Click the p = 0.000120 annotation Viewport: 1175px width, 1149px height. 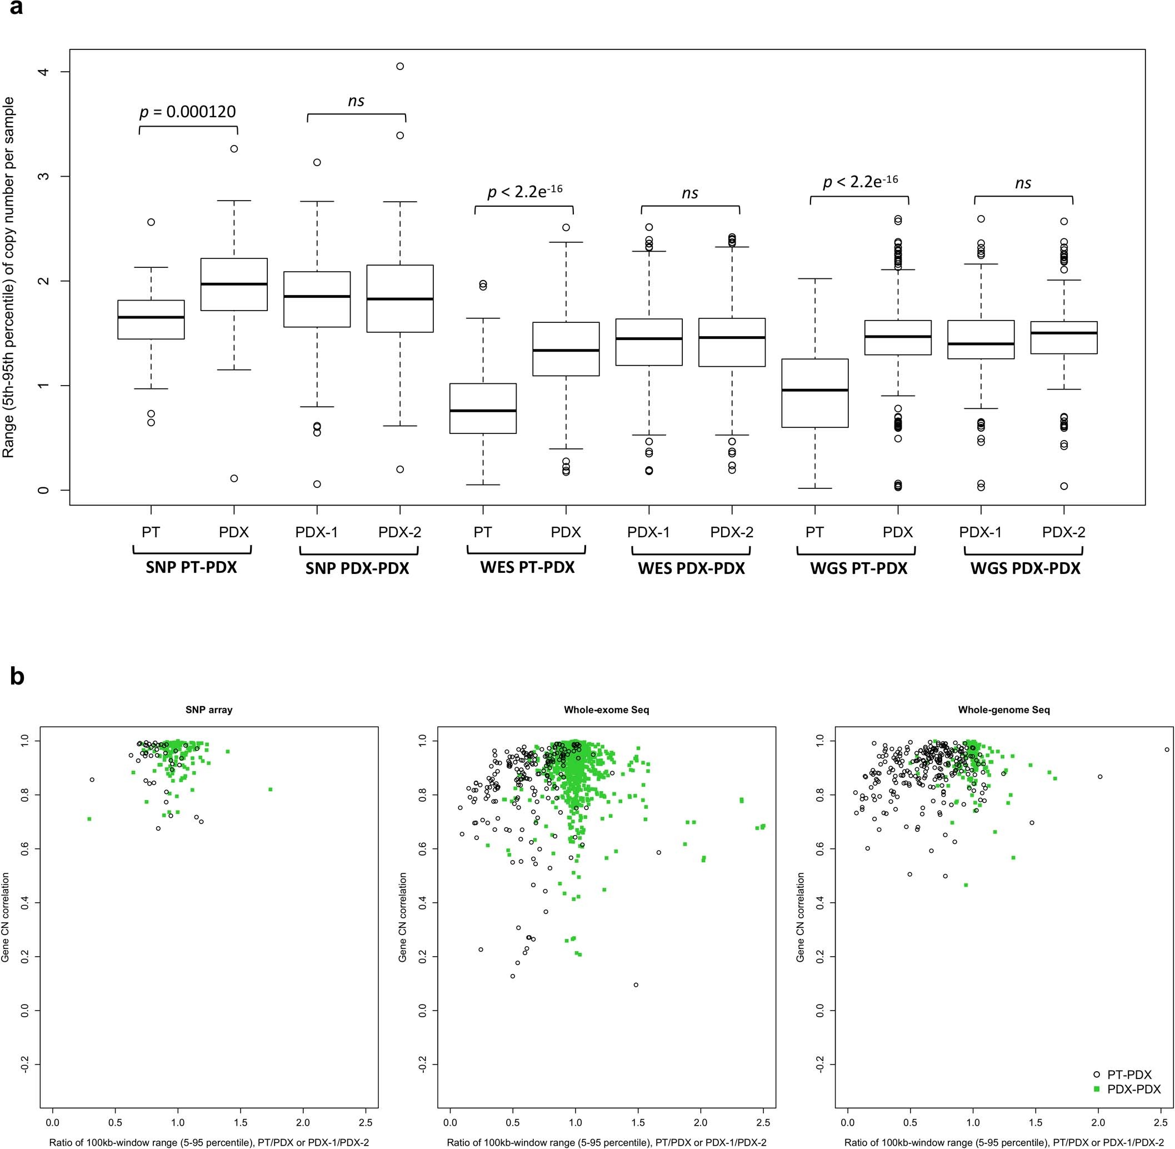(x=188, y=112)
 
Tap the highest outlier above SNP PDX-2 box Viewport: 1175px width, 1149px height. (x=400, y=66)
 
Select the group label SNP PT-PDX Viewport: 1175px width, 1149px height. (x=191, y=568)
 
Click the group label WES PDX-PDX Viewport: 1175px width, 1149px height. (x=691, y=568)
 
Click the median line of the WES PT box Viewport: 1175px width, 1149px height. (x=483, y=411)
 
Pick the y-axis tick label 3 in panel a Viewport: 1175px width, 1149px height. (x=43, y=176)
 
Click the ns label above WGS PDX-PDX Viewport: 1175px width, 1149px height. (x=1023, y=183)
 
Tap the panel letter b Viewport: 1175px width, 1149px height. (x=17, y=677)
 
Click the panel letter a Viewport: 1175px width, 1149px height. (x=16, y=8)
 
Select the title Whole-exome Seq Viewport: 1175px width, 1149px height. (x=607, y=710)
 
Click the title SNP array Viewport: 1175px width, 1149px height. (x=209, y=710)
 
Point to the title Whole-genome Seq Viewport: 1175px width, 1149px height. (x=1003, y=710)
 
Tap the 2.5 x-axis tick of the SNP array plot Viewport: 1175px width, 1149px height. (x=365, y=1123)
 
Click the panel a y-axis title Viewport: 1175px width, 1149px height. (x=8, y=278)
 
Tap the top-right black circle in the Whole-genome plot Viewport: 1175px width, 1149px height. (x=1167, y=750)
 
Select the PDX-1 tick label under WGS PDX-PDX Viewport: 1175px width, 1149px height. (x=981, y=532)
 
